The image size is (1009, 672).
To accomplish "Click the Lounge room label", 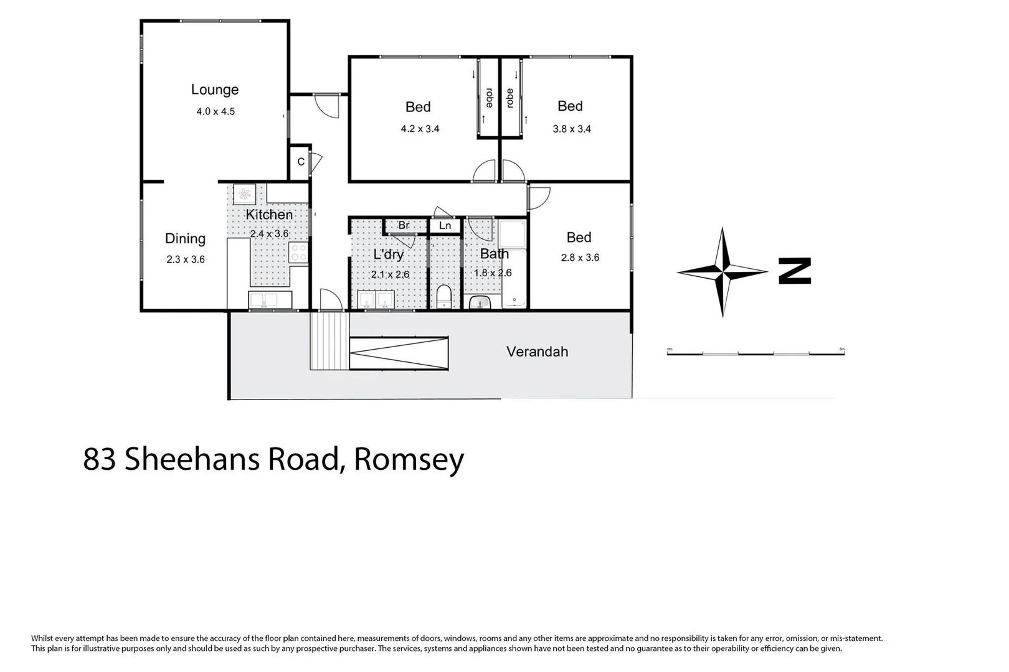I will tap(215, 90).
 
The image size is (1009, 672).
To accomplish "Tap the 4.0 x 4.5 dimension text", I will tap(216, 112).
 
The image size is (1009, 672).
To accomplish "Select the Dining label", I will tap(185, 238).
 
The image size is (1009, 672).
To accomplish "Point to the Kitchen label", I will tap(269, 215).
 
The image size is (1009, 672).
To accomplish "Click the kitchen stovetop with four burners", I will tap(298, 252).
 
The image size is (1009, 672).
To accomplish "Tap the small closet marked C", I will tap(301, 162).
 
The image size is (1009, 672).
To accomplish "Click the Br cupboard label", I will tap(404, 225).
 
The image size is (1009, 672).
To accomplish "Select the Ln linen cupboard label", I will tap(445, 225).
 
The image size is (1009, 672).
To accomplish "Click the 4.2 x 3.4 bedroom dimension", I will tap(420, 129).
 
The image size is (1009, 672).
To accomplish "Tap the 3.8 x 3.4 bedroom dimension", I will tap(572, 129).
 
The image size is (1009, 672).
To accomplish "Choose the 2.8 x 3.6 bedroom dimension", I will tap(580, 258).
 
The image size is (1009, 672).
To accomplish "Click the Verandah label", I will tap(537, 352).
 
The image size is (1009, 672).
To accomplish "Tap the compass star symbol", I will tap(722, 272).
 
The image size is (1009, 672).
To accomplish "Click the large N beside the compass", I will tap(795, 271).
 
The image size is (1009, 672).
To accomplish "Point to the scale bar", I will tap(756, 353).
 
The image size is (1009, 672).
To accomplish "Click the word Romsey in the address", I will tap(409, 460).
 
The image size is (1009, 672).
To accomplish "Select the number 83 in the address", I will tap(100, 460).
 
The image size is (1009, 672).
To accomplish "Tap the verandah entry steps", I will tap(329, 341).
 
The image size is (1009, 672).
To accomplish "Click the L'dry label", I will tap(389, 254).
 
